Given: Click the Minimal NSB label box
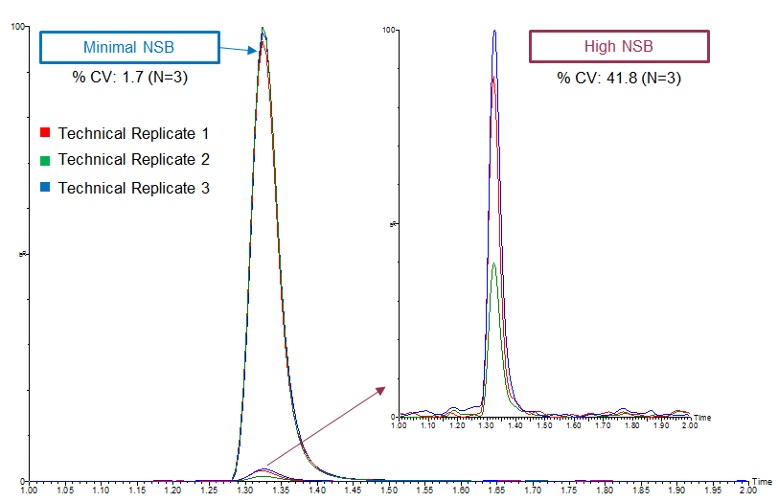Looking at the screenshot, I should [x=129, y=47].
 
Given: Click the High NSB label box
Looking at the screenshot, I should [x=619, y=47].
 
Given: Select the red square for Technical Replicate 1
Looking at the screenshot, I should [x=44, y=132].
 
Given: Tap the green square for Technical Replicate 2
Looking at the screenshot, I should [x=44, y=160].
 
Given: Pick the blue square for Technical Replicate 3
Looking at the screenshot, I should [x=44, y=188].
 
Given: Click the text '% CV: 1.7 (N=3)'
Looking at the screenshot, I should [x=129, y=78].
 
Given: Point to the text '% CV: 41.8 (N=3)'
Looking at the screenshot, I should [x=619, y=78].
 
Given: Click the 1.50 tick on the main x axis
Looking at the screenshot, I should [x=388, y=490].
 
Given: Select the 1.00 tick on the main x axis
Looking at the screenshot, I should [x=29, y=490].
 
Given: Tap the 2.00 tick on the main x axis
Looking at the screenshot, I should [x=747, y=490].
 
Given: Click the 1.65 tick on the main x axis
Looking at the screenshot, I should [x=496, y=490].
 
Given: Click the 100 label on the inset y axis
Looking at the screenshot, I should [x=389, y=30].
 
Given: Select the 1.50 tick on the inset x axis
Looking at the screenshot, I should [x=544, y=424].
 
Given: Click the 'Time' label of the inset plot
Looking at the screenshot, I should [x=702, y=418].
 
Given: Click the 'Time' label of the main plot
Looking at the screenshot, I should [x=762, y=480].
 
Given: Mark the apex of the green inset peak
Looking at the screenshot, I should [x=493, y=263].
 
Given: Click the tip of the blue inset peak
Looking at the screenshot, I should [x=494, y=31].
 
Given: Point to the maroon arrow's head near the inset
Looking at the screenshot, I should [x=383, y=388].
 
